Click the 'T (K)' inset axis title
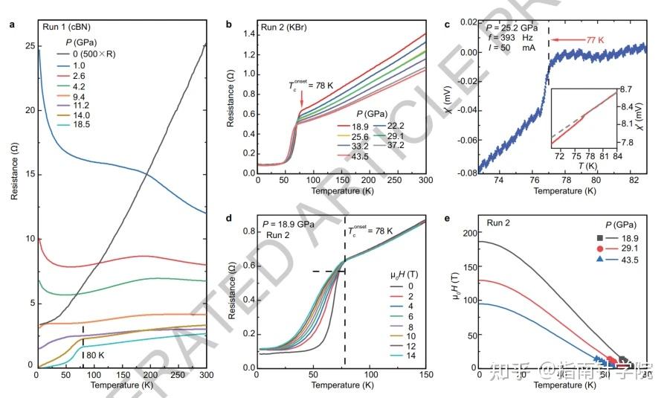pos(587,164)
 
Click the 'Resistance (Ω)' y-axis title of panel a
pos(13,199)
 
